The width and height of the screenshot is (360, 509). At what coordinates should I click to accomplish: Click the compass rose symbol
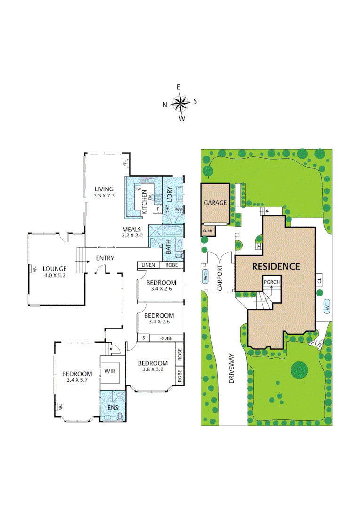coord(180,102)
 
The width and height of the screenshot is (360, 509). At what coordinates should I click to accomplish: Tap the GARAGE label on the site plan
coord(215,203)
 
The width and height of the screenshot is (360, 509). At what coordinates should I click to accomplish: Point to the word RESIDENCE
coord(276,266)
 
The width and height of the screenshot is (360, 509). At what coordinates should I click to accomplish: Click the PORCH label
coord(272,282)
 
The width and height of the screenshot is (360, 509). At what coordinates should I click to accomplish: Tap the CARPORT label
coord(220,278)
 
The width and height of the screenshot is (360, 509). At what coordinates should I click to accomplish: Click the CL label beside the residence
coord(319,280)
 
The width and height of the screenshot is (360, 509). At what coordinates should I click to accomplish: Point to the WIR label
coord(110,371)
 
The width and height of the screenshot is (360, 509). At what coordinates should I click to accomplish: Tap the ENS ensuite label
coord(112,407)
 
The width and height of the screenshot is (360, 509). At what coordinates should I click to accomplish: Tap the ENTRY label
coord(105,258)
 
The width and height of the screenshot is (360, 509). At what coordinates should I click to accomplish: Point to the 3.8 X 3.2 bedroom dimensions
coord(153,369)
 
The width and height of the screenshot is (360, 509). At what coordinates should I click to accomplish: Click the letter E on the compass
coord(179,87)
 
